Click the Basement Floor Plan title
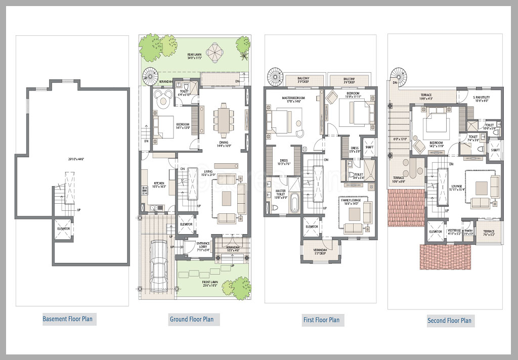coord(68,319)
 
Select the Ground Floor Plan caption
coord(191,319)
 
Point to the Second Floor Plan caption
coord(449,320)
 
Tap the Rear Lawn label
coord(195,56)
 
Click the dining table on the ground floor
coord(223,117)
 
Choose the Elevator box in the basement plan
coord(64,229)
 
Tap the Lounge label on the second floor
coord(457,187)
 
